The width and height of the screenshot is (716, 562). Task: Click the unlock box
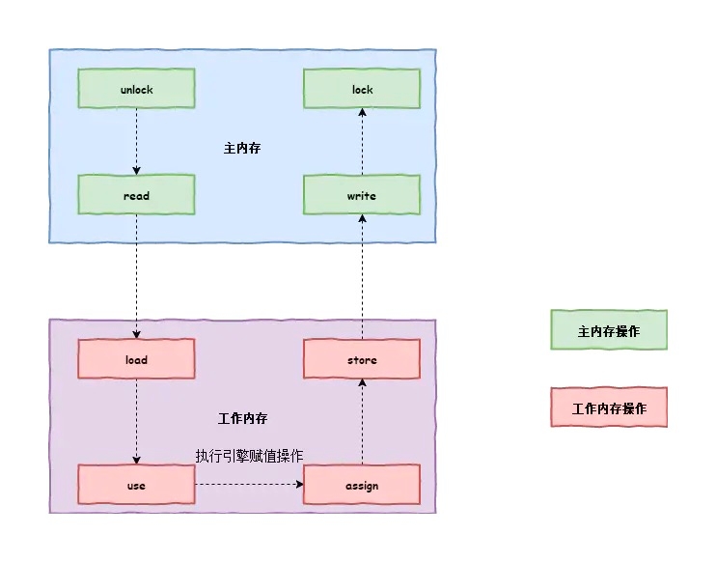[136, 90]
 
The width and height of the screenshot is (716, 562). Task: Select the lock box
[362, 90]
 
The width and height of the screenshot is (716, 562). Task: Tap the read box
[136, 196]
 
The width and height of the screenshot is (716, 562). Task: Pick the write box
[362, 196]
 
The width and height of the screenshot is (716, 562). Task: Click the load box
[136, 360]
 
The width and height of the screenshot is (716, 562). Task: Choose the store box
[362, 360]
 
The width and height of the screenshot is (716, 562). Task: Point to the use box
[136, 485]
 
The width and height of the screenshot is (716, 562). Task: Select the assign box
[362, 485]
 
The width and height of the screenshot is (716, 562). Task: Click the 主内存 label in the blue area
[242, 149]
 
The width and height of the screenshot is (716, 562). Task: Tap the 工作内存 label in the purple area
[242, 419]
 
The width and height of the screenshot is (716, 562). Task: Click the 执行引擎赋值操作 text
[250, 456]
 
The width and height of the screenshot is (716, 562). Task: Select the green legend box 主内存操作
[609, 330]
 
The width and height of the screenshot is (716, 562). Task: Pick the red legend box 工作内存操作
[609, 408]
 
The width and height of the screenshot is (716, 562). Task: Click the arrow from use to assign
[249, 485]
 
